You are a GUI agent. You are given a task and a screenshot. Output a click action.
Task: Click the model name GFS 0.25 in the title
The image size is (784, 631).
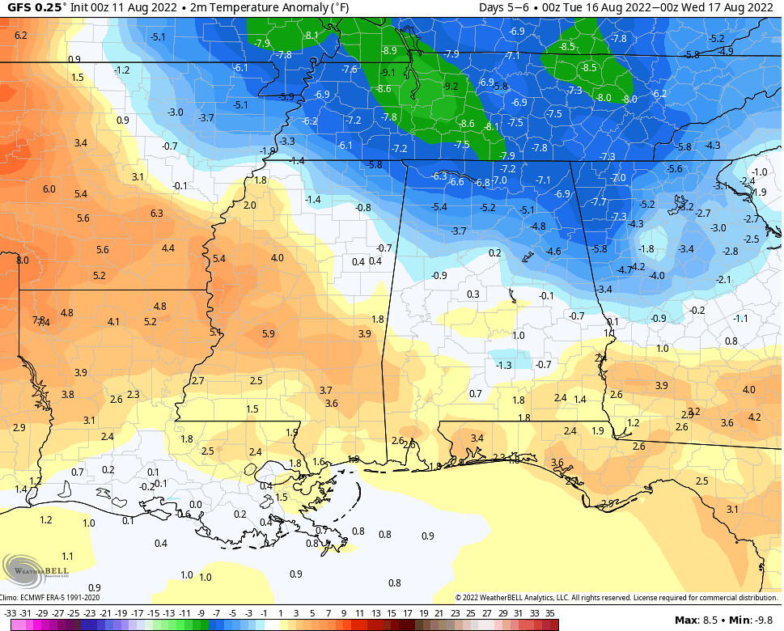(x=34, y=8)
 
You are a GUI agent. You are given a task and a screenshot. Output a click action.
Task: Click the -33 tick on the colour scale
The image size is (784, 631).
(x=10, y=613)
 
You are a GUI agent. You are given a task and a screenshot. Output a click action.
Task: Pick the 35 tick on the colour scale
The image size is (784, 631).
(x=550, y=613)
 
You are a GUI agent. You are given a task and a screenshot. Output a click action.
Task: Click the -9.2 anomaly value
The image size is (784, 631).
(x=451, y=87)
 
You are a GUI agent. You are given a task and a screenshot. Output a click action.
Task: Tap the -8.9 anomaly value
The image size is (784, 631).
(x=389, y=50)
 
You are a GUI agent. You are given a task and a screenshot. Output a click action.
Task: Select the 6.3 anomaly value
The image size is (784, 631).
(x=157, y=214)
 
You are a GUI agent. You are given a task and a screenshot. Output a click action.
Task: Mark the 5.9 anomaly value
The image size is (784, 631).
(x=269, y=333)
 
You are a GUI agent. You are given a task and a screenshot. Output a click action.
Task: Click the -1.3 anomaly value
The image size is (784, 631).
(x=504, y=366)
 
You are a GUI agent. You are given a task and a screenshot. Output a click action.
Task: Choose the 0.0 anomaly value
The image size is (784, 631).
(x=195, y=505)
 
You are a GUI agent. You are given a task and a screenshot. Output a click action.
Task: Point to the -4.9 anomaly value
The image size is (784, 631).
(x=726, y=51)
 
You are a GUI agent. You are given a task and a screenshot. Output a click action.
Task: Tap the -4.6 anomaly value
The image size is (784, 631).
(x=553, y=252)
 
